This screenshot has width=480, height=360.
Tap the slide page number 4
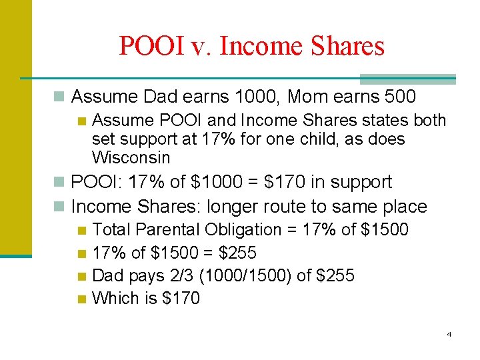click(x=449, y=333)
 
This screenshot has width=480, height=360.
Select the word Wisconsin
click(x=131, y=158)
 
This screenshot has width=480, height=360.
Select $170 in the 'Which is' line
click(x=181, y=298)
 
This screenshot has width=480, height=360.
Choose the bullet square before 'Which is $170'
click(x=82, y=299)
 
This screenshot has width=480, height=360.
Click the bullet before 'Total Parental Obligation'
click(x=82, y=231)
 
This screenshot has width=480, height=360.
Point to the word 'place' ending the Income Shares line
click(x=407, y=207)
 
